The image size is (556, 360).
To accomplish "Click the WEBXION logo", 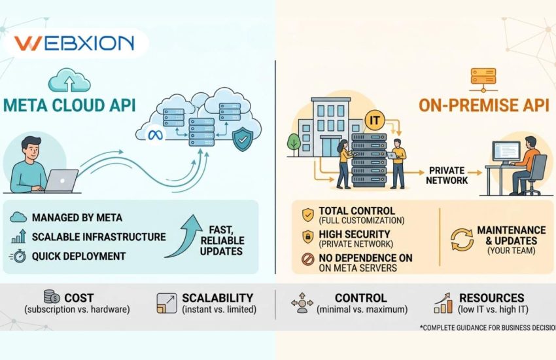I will pos(73,44).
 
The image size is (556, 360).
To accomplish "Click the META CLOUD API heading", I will pos(70,105).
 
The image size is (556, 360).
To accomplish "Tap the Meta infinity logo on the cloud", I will pos(155,135).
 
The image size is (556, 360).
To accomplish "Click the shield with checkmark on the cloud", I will pos(243,139).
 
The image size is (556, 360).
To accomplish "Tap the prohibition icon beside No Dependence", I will pos(307,260).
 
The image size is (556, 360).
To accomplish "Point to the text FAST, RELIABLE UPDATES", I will pos(220,241).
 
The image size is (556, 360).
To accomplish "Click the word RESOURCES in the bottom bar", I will pos(492,297).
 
